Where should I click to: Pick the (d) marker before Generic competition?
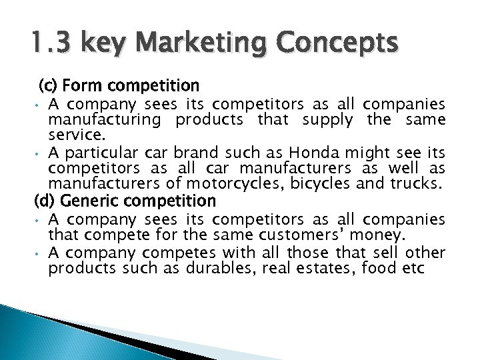[43, 201]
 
